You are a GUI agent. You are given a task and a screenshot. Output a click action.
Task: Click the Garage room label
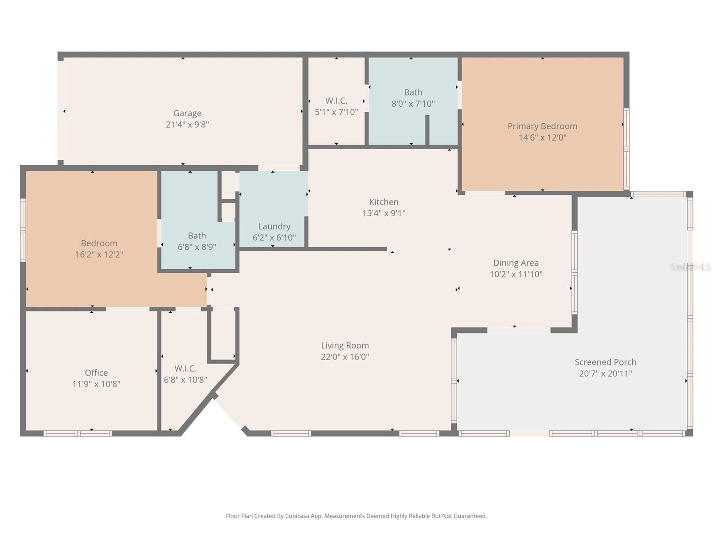tap(187, 113)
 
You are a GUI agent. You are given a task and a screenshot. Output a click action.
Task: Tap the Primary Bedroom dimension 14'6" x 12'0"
tap(542, 138)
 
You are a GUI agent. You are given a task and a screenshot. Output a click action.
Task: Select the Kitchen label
tap(384, 202)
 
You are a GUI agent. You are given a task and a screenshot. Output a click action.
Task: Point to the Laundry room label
tap(274, 226)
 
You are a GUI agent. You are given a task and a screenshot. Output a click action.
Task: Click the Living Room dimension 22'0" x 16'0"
tap(345, 357)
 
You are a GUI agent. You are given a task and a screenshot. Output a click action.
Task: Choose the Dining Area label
tap(516, 263)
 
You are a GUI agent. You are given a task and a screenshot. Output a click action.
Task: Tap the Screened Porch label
tap(605, 362)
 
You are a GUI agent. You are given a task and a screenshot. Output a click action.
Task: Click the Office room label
tap(96, 372)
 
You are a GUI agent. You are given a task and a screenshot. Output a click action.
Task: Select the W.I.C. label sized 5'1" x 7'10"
tap(336, 101)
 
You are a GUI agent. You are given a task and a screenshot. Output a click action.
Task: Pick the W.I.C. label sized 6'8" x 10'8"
tap(185, 368)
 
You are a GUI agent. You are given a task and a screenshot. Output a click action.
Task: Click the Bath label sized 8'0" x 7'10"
tap(413, 92)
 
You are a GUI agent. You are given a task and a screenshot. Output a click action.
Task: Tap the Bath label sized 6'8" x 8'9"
tap(197, 235)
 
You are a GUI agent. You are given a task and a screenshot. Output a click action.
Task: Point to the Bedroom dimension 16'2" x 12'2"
tap(99, 255)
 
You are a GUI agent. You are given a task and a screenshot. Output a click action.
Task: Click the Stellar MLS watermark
tap(691, 267)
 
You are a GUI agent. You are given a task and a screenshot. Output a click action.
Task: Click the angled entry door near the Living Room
tap(229, 412)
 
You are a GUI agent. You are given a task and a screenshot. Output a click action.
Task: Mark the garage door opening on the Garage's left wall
tap(61, 110)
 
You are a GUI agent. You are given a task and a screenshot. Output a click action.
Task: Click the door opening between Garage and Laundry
tap(279, 168)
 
